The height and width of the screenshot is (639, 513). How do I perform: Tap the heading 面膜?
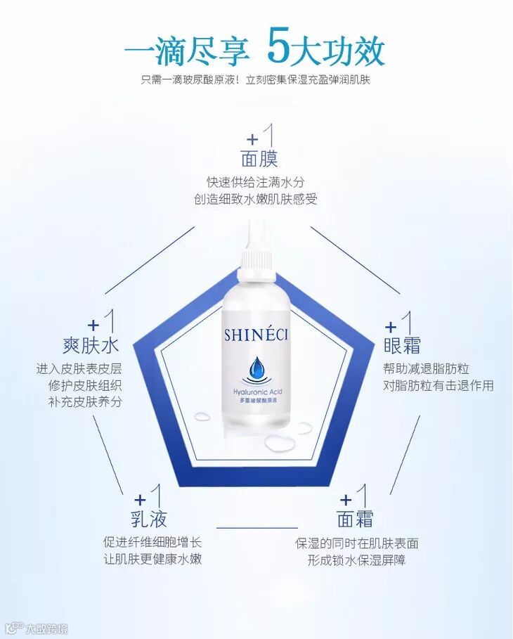259,157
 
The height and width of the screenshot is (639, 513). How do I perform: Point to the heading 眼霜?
402,345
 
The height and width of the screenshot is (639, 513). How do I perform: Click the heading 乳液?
150,520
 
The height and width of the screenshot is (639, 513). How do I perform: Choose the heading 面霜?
355,519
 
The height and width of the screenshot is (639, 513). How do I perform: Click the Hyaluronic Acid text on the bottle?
256,391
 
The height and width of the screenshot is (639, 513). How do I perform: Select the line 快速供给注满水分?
255,182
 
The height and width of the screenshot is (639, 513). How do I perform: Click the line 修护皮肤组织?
79,385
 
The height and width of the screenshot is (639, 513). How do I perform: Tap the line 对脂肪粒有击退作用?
439,385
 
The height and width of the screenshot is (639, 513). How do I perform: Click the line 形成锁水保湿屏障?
356,560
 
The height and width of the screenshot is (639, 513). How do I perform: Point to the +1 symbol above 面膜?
259,134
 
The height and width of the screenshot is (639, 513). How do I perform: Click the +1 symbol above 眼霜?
400,323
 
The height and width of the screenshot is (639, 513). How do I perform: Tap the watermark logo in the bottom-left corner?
35,628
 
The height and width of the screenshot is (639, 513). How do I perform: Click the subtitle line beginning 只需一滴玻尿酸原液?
256,81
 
